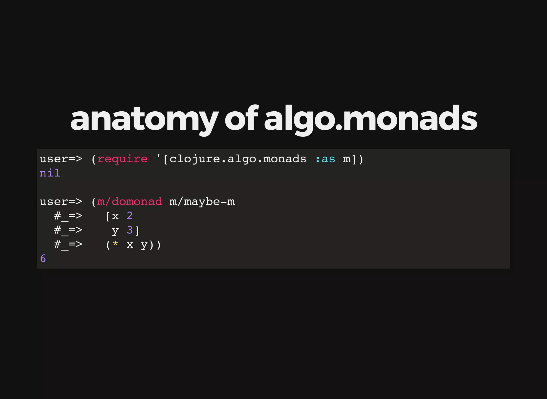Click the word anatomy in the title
pyautogui.click(x=144, y=119)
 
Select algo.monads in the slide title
pyautogui.click(x=370, y=119)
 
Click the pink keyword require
pyautogui.click(x=122, y=159)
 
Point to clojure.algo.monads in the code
pyautogui.click(x=238, y=159)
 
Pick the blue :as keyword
pyautogui.click(x=325, y=159)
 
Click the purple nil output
pyautogui.click(x=50, y=173)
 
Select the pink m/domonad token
pyautogui.click(x=130, y=202)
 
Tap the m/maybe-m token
pyautogui.click(x=202, y=202)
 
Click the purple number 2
pyautogui.click(x=130, y=216)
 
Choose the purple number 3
pyautogui.click(x=130, y=230)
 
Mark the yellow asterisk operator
pyautogui.click(x=115, y=244)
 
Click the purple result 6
pyautogui.click(x=43, y=259)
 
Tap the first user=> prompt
pyautogui.click(x=61, y=159)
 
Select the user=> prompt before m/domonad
pyautogui.click(x=61, y=202)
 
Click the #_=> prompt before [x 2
pyautogui.click(x=68, y=216)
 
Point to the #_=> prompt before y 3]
pyautogui.click(x=68, y=230)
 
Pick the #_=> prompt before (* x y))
pyautogui.click(x=68, y=244)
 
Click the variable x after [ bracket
pyautogui.click(x=115, y=216)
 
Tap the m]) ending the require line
pyautogui.click(x=353, y=159)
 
